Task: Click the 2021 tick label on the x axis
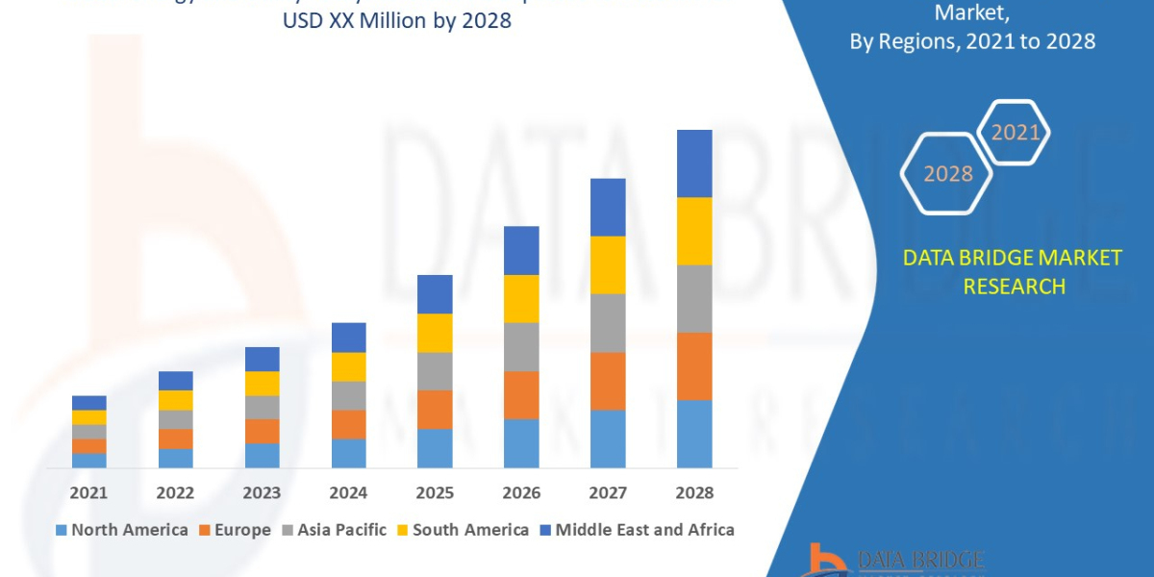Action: tap(88, 492)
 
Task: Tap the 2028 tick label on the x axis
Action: tap(694, 492)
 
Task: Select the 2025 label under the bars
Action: tap(435, 492)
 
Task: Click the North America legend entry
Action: tap(122, 530)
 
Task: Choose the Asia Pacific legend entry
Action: tap(334, 530)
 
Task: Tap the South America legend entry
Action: tap(463, 530)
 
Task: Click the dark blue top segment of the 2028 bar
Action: tap(694, 163)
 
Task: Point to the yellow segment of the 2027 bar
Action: tap(608, 264)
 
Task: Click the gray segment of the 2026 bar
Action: tap(521, 346)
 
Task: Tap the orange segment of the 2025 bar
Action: tap(435, 409)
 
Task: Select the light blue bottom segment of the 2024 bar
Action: tap(348, 453)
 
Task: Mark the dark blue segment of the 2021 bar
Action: tap(88, 402)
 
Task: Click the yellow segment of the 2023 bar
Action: tap(262, 383)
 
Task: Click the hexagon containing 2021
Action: tap(1014, 133)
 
